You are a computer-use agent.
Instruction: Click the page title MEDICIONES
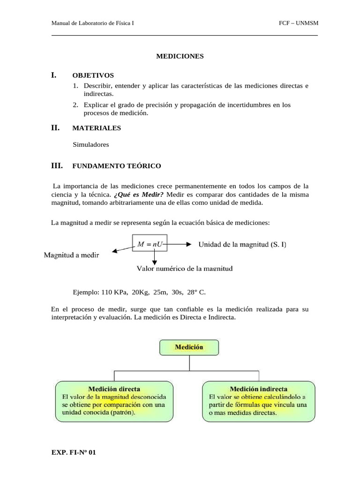click(x=180, y=56)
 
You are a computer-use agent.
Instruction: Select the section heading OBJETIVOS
click(x=93, y=75)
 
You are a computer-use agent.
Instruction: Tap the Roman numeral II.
click(x=55, y=127)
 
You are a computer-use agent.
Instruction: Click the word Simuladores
click(x=91, y=144)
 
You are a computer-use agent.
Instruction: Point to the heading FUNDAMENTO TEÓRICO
click(x=117, y=166)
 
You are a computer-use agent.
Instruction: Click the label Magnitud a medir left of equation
click(x=71, y=255)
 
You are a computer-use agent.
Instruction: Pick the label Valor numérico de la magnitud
click(x=185, y=269)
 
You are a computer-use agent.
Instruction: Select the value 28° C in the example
click(x=196, y=292)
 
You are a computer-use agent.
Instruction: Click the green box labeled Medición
click(x=189, y=347)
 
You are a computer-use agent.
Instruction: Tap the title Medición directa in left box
click(x=114, y=389)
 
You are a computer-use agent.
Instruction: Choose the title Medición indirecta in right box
click(x=258, y=389)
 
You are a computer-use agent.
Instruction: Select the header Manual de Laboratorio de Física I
click(x=92, y=23)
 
